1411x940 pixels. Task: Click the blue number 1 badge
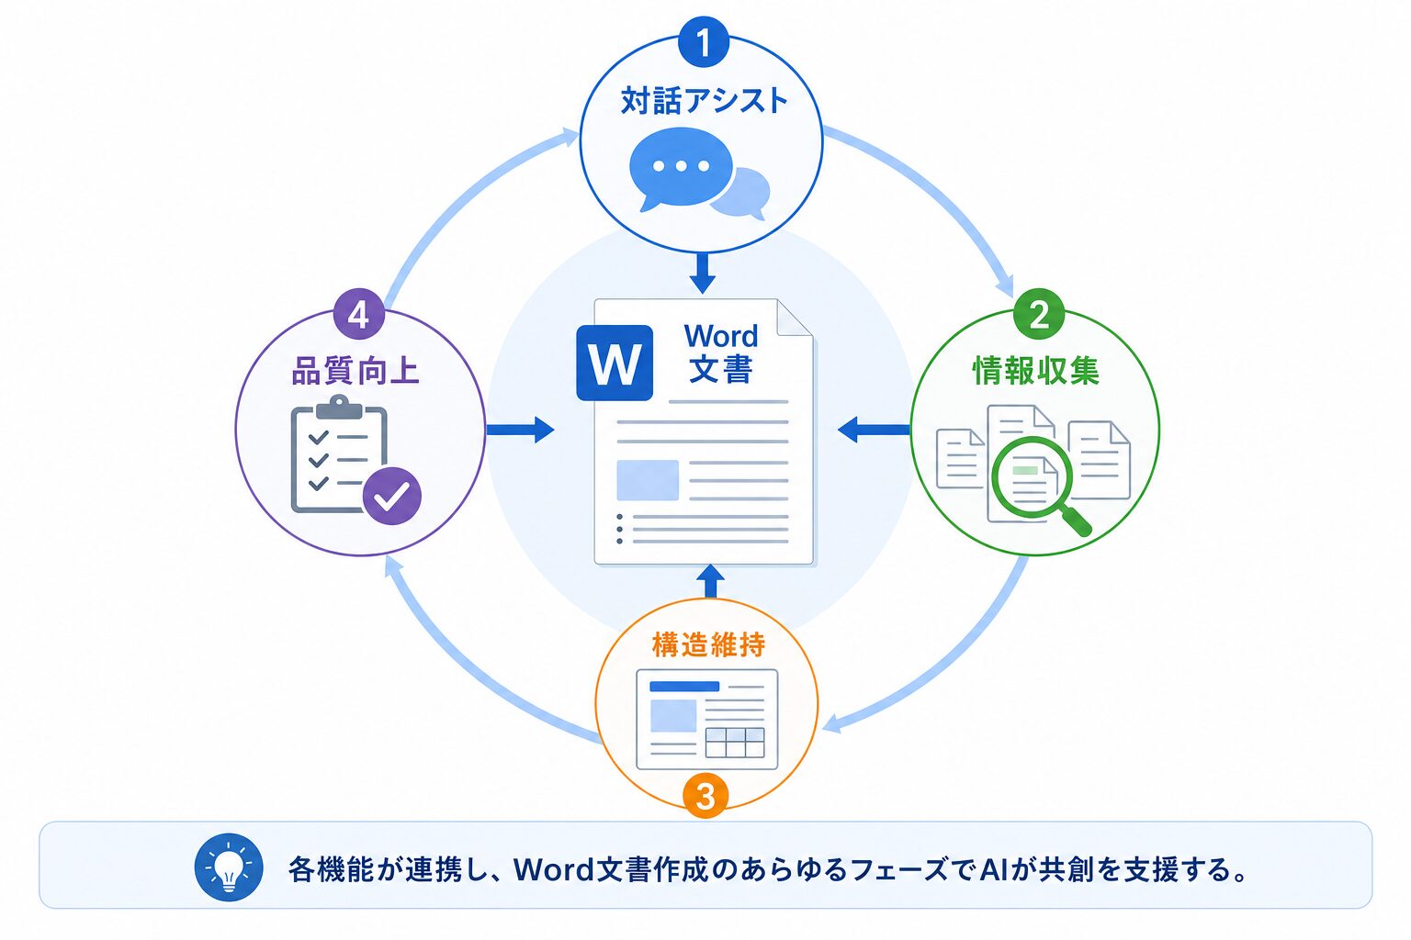click(704, 42)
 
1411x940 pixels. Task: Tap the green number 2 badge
click(1039, 314)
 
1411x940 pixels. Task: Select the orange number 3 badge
click(705, 796)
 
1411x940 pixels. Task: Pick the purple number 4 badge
click(358, 314)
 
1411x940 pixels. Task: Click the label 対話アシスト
click(705, 101)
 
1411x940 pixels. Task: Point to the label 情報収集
click(1036, 370)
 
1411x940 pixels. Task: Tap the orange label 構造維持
click(708, 645)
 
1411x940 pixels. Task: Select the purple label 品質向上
click(356, 371)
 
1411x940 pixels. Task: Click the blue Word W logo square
click(615, 363)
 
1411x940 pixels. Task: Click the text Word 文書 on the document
click(721, 352)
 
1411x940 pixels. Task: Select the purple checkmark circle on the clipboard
click(392, 496)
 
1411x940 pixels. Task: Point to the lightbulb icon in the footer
click(229, 867)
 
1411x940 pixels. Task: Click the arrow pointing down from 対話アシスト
click(703, 274)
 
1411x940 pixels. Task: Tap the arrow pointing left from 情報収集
click(874, 430)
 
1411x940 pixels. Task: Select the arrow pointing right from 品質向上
click(520, 430)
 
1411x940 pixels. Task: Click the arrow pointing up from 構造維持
click(710, 581)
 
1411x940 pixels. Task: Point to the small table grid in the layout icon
click(735, 743)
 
